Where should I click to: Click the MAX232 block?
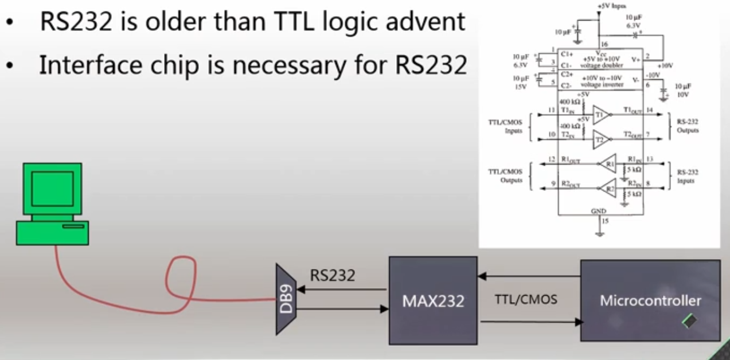coord(433,300)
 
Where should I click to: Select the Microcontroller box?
coord(650,300)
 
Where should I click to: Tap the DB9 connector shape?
coord(286,299)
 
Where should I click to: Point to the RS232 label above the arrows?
coord(333,275)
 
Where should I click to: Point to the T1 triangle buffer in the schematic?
coord(601,114)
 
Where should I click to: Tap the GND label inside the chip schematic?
coord(598,212)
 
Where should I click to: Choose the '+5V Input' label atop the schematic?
coord(610,6)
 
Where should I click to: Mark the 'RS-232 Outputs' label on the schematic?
coord(687,126)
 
